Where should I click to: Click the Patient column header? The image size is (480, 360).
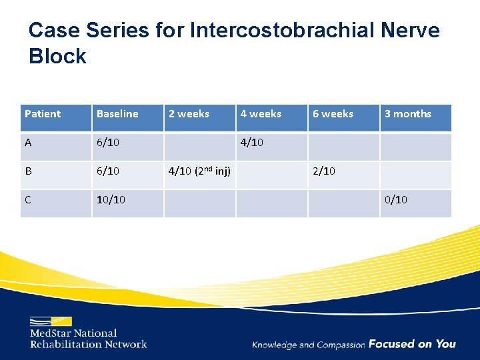click(43, 114)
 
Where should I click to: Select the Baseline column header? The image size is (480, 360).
click(117, 114)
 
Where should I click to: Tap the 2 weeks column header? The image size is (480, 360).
click(189, 114)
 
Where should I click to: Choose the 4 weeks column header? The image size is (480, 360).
click(261, 114)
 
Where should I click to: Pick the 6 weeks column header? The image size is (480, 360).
click(333, 114)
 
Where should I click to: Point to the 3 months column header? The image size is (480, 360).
click(407, 114)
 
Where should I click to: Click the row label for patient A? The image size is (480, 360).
click(29, 143)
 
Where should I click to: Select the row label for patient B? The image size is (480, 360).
click(29, 171)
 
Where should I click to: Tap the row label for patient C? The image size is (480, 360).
click(29, 200)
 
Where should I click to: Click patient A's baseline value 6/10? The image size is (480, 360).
click(108, 143)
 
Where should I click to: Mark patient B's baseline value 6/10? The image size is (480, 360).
click(108, 171)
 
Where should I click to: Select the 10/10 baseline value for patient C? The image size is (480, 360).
click(111, 200)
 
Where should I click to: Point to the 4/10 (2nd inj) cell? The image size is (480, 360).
click(199, 171)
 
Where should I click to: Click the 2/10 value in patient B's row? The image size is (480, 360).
click(324, 171)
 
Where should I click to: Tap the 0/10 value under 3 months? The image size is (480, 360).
click(396, 200)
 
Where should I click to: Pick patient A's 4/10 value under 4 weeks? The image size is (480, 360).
click(252, 143)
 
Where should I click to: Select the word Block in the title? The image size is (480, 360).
click(57, 56)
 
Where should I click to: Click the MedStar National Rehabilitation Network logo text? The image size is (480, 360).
click(88, 338)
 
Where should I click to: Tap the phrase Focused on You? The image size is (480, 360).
click(412, 344)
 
